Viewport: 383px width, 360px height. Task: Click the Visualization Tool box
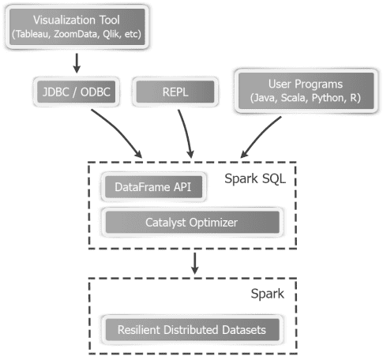(x=77, y=25)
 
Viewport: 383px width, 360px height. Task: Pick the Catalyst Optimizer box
(x=191, y=222)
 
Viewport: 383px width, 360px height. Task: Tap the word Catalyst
(x=167, y=222)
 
